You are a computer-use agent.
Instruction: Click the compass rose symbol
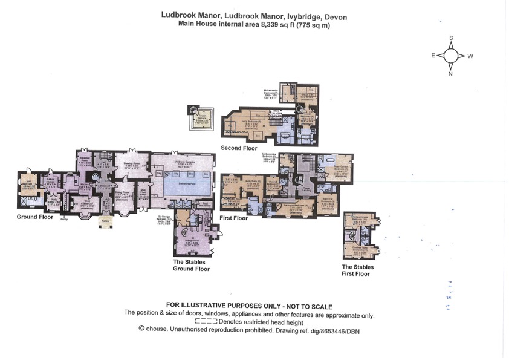451,56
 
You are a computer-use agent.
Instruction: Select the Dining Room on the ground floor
124,195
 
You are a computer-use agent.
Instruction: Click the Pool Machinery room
205,205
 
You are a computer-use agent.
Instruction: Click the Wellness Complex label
183,163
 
